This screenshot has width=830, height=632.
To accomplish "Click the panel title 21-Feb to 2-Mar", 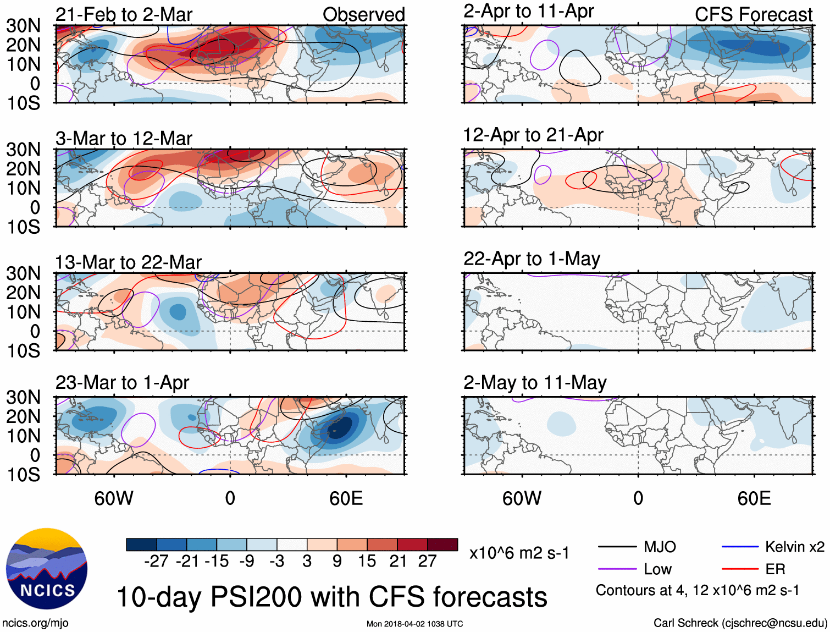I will click(124, 14).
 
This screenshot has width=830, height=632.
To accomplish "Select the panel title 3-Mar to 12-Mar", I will click(124, 138).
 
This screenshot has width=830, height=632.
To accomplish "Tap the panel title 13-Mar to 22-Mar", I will click(128, 262).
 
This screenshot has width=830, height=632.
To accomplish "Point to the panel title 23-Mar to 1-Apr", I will click(122, 382).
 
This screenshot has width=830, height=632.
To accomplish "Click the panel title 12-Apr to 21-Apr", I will click(533, 135).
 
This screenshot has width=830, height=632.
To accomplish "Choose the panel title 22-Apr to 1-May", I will click(532, 259).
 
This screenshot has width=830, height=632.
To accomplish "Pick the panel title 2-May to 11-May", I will click(535, 382).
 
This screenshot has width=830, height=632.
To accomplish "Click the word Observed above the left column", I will click(363, 14).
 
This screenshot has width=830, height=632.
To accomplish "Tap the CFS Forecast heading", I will click(753, 14).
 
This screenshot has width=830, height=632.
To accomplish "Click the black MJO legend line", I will click(617, 547).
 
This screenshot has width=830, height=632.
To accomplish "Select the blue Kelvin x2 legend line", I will click(740, 547).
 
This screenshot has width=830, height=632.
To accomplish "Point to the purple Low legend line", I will click(617, 569).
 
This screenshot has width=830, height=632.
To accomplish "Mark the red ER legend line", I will click(740, 569).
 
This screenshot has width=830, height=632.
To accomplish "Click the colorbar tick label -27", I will click(156, 561).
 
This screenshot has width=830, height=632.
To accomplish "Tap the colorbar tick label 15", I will click(367, 561).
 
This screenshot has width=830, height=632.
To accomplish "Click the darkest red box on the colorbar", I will click(442, 545).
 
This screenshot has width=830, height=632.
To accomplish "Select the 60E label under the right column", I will click(754, 498).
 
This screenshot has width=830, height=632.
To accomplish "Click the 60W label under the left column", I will click(114, 498).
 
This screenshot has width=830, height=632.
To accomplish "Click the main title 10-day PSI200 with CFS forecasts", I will click(332, 597).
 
